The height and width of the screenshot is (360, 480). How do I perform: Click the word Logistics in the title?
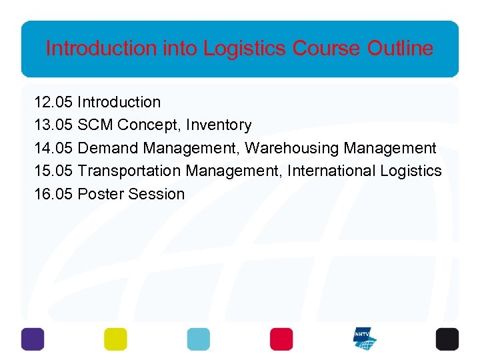[x=245, y=48]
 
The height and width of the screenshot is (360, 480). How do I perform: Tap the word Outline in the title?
[x=400, y=48]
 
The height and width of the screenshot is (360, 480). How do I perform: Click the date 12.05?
[x=53, y=102]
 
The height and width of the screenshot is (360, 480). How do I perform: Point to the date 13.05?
[x=53, y=125]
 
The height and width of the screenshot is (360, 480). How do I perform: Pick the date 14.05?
[x=53, y=148]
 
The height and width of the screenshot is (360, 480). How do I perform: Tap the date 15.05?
[x=53, y=171]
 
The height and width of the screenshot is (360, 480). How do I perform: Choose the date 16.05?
[x=53, y=194]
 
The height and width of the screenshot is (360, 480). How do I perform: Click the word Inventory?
[x=219, y=125]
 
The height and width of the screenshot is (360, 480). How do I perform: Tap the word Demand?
[x=108, y=148]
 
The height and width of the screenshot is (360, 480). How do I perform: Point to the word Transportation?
[x=129, y=171]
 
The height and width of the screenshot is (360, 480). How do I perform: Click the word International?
[x=333, y=171]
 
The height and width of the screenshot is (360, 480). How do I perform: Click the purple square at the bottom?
[x=33, y=339]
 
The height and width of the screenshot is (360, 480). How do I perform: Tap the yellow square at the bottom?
[x=115, y=339]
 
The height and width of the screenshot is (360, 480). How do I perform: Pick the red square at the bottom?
[x=281, y=339]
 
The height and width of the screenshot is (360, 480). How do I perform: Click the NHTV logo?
[x=364, y=339]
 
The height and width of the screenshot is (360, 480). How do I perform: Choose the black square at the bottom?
[x=447, y=339]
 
